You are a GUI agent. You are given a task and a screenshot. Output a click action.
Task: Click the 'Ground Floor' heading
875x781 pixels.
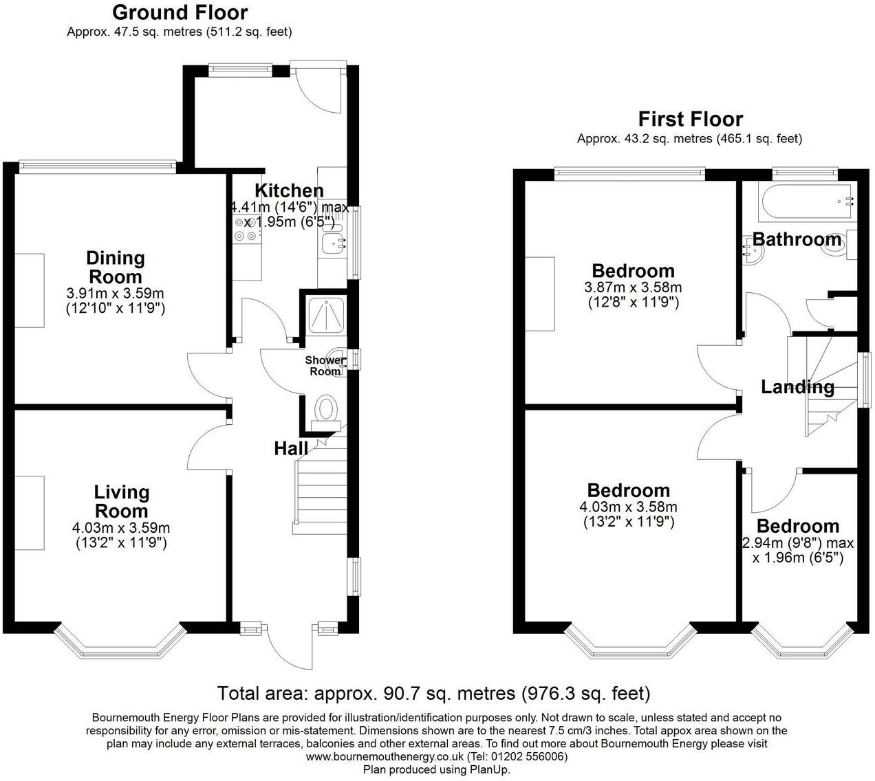[180, 12]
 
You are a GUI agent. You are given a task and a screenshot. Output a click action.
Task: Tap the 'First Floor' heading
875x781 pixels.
[690, 119]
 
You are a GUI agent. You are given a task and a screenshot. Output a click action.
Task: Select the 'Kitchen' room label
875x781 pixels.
[289, 190]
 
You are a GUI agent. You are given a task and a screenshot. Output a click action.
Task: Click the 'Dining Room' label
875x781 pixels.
[115, 267]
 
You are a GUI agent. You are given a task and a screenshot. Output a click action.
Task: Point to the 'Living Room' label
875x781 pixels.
[121, 501]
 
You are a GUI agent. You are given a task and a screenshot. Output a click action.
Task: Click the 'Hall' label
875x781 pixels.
[290, 449]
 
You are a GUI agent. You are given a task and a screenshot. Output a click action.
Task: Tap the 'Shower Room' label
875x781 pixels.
[325, 366]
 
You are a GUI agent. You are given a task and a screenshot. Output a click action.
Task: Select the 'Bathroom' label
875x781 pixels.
[797, 239]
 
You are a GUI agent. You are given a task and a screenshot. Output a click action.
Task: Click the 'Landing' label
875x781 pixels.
[797, 387]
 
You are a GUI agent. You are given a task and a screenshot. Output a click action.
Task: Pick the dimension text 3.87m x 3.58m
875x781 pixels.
[633, 287]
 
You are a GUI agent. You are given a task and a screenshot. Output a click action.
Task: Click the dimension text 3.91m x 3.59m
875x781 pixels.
[116, 294]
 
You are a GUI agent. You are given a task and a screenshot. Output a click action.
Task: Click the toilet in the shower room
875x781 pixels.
[325, 410]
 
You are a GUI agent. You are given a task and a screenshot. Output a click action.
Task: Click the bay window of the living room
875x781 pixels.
[120, 640]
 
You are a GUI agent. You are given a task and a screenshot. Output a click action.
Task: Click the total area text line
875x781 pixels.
[433, 692]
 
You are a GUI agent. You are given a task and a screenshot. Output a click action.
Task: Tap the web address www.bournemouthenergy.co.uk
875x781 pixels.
[385, 756]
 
